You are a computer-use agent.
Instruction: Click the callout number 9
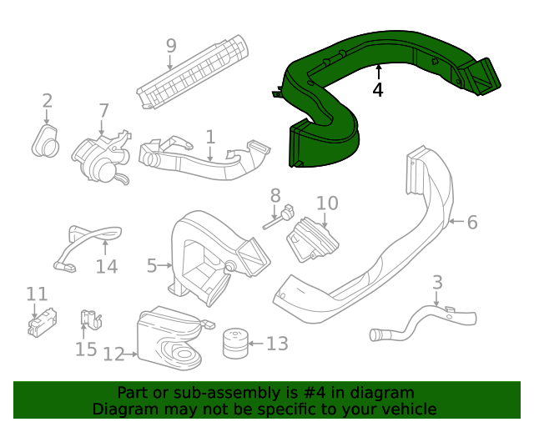click(171, 45)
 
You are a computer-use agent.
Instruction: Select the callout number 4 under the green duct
click(378, 89)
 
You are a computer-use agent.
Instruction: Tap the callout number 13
click(277, 343)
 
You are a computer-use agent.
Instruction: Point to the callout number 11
click(37, 294)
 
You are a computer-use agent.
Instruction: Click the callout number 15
click(86, 349)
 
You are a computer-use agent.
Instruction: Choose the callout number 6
click(472, 222)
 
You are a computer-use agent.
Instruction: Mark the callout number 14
click(107, 267)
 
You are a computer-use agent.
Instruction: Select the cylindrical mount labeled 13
click(234, 344)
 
